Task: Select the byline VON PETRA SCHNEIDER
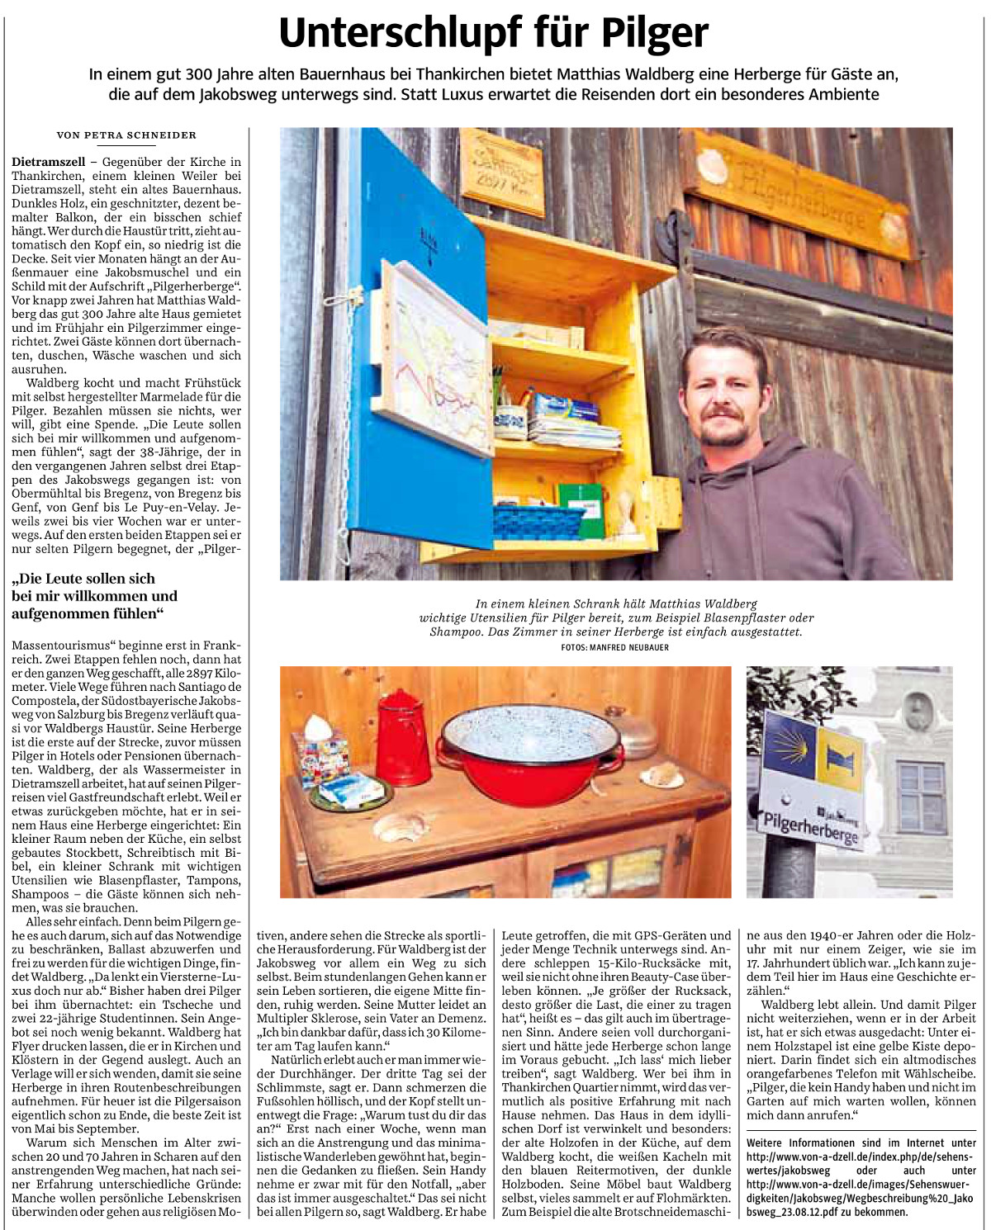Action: [x=126, y=135]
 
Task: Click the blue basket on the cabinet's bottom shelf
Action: [x=538, y=521]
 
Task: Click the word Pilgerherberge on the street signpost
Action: [x=810, y=826]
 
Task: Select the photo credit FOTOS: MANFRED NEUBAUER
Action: [x=614, y=648]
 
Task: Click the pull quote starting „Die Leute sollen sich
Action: [x=94, y=595]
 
